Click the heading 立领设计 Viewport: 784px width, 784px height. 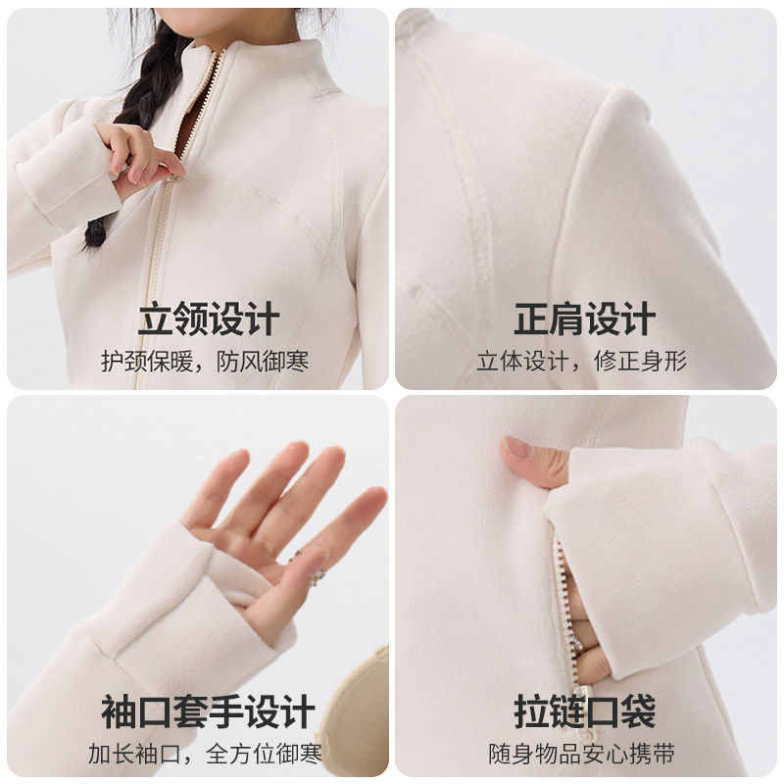208,319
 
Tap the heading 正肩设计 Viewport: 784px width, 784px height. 585,319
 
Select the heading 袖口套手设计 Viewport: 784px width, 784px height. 208,712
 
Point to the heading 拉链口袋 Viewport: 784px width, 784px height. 585,712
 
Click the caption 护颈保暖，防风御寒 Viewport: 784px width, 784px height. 205,361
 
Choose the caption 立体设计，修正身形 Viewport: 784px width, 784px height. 582,361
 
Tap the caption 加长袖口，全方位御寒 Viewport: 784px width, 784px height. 205,755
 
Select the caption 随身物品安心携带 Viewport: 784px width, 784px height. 582,755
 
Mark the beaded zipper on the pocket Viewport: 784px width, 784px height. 563,598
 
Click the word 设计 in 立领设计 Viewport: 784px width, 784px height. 244,319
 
